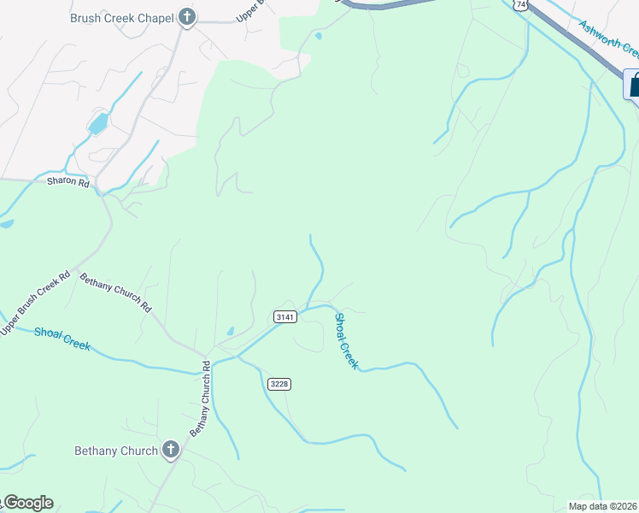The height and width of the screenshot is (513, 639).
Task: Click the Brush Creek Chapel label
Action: click(122, 17)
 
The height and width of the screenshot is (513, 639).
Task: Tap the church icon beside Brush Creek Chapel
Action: click(188, 17)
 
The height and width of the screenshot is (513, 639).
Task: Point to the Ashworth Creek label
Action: click(608, 38)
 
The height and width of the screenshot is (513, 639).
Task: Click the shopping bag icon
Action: click(634, 85)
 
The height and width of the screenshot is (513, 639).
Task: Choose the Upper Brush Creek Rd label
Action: click(35, 304)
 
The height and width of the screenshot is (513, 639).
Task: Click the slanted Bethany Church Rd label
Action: click(115, 292)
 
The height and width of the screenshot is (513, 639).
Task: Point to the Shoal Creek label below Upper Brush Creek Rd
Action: click(62, 339)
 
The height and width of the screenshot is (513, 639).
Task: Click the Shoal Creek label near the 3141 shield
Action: click(345, 341)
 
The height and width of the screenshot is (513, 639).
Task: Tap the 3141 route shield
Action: click(285, 317)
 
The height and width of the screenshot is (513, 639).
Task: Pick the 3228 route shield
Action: click(279, 384)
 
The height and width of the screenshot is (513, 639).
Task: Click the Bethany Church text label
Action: click(116, 451)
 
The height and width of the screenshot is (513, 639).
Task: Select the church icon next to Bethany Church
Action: click(171, 450)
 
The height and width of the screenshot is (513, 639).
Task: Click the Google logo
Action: click(27, 503)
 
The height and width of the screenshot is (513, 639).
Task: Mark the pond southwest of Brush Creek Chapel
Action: click(98, 124)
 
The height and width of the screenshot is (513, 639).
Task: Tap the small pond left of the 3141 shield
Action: click(230, 331)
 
